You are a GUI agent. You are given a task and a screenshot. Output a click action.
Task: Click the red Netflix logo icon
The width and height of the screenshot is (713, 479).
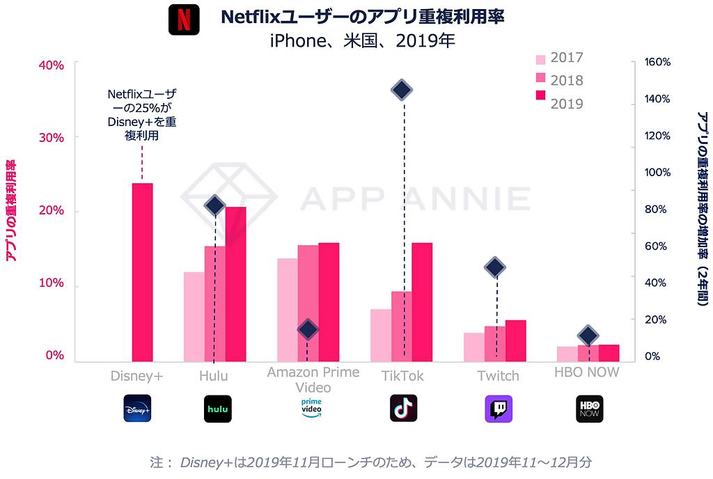184,19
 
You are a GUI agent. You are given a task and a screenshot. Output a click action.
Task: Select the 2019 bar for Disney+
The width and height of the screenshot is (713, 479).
142,272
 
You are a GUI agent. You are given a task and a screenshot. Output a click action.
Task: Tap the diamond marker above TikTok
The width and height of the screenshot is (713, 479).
402,90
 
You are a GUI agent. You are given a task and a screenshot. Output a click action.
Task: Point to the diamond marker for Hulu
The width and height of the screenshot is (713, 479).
214,205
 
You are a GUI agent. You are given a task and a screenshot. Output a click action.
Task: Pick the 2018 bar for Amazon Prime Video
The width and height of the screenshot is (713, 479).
308,304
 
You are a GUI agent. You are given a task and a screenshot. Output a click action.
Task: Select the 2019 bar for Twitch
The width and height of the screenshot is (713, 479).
516,341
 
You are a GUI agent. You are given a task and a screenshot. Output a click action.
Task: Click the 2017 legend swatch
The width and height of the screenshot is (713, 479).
540,58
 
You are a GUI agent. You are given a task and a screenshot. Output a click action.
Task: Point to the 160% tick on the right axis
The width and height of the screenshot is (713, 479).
658,62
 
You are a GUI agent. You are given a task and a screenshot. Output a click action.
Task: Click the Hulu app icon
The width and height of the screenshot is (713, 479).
217,409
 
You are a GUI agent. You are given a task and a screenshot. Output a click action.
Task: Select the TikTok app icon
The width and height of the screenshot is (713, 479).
403,408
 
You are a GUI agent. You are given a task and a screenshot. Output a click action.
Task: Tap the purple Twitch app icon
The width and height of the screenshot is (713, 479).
499,409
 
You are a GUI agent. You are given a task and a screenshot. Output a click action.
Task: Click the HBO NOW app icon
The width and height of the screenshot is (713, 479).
589,409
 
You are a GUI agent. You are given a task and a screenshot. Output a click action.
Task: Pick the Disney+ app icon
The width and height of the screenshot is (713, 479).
136,409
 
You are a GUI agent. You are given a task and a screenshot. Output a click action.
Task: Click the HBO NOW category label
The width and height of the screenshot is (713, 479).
586,372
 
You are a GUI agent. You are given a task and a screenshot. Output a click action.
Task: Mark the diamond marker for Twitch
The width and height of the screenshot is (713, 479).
495,267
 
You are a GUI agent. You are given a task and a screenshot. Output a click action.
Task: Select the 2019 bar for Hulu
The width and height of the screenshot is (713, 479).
235,285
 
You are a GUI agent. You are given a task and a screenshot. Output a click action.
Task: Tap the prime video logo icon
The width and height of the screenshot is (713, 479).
311,407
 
